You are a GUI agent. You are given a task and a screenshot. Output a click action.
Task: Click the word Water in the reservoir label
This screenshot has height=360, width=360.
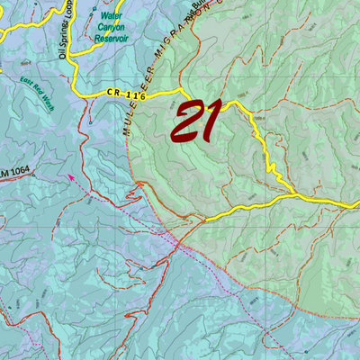(x=112, y=15)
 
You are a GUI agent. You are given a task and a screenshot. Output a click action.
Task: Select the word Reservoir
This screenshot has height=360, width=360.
(x=112, y=39)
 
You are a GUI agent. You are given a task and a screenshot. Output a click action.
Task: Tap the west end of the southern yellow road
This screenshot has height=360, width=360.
(x=204, y=220)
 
